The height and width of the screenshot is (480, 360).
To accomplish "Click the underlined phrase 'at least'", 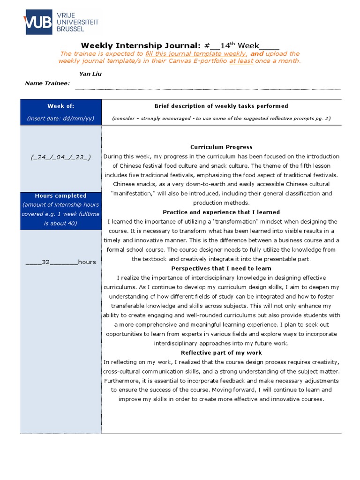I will tap(241, 61).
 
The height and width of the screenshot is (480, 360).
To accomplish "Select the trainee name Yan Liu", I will tap(90, 74).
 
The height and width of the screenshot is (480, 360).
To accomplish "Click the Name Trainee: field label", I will tap(47, 83).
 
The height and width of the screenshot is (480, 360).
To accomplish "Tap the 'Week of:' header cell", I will tap(60, 106).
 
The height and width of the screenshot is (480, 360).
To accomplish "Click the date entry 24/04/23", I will tap(60, 157).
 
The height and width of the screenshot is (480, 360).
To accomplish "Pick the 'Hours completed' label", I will tap(60, 195).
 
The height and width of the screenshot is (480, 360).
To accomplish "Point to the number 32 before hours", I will tap(45, 262).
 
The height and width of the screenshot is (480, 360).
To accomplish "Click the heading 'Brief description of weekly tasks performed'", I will tap(221, 106).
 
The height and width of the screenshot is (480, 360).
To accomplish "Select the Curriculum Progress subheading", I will tap(221, 147).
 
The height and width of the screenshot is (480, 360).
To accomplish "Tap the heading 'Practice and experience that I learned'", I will tap(221, 212).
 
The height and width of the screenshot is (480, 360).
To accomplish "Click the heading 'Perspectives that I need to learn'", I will tap(221, 268).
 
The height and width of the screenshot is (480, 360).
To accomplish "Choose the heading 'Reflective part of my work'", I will tap(221, 352).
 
